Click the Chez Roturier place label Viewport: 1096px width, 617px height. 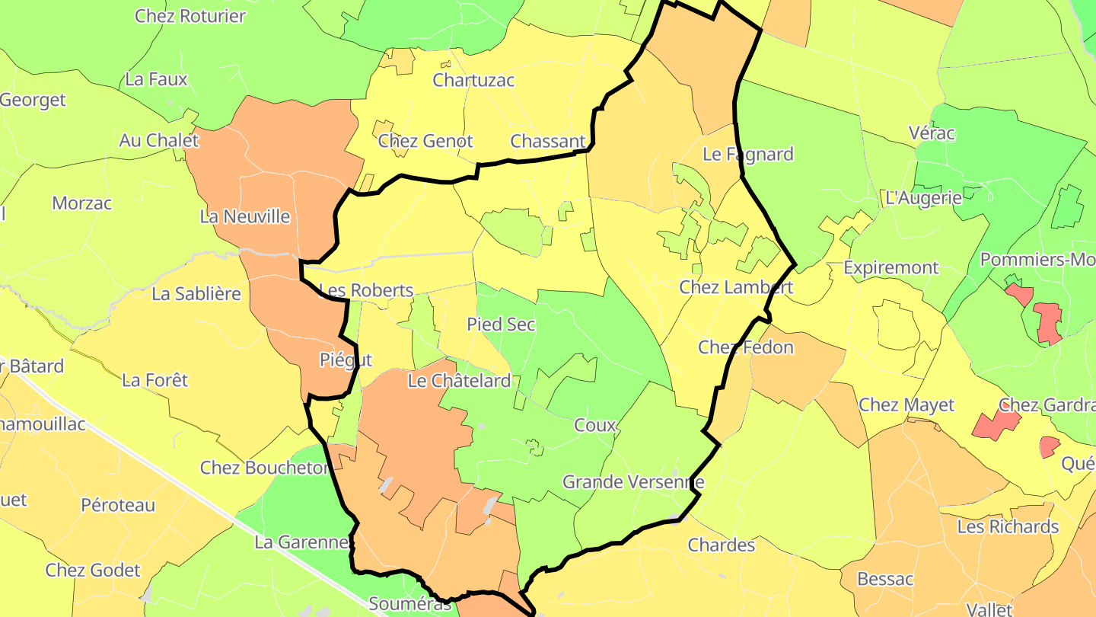point(190,16)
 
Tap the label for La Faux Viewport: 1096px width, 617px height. point(156,79)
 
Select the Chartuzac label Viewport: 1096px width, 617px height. point(473,80)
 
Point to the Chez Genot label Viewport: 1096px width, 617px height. point(425,141)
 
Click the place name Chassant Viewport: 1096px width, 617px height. point(548,141)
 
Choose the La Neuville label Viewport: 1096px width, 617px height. point(245,216)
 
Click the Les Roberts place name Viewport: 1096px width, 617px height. point(367,290)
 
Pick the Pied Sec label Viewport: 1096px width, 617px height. point(501,324)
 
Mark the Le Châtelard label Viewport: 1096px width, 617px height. point(460,381)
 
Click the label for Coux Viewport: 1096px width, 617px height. point(595,425)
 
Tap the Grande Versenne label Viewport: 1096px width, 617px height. point(633,482)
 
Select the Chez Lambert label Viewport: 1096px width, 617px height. point(736,287)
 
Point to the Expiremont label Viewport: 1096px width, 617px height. point(891,268)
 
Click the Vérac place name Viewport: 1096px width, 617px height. point(932,133)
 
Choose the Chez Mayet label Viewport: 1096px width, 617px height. point(906,404)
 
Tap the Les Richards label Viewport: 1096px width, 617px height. point(1008,526)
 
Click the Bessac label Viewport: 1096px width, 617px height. point(885,579)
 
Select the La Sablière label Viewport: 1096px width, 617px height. point(196,294)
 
